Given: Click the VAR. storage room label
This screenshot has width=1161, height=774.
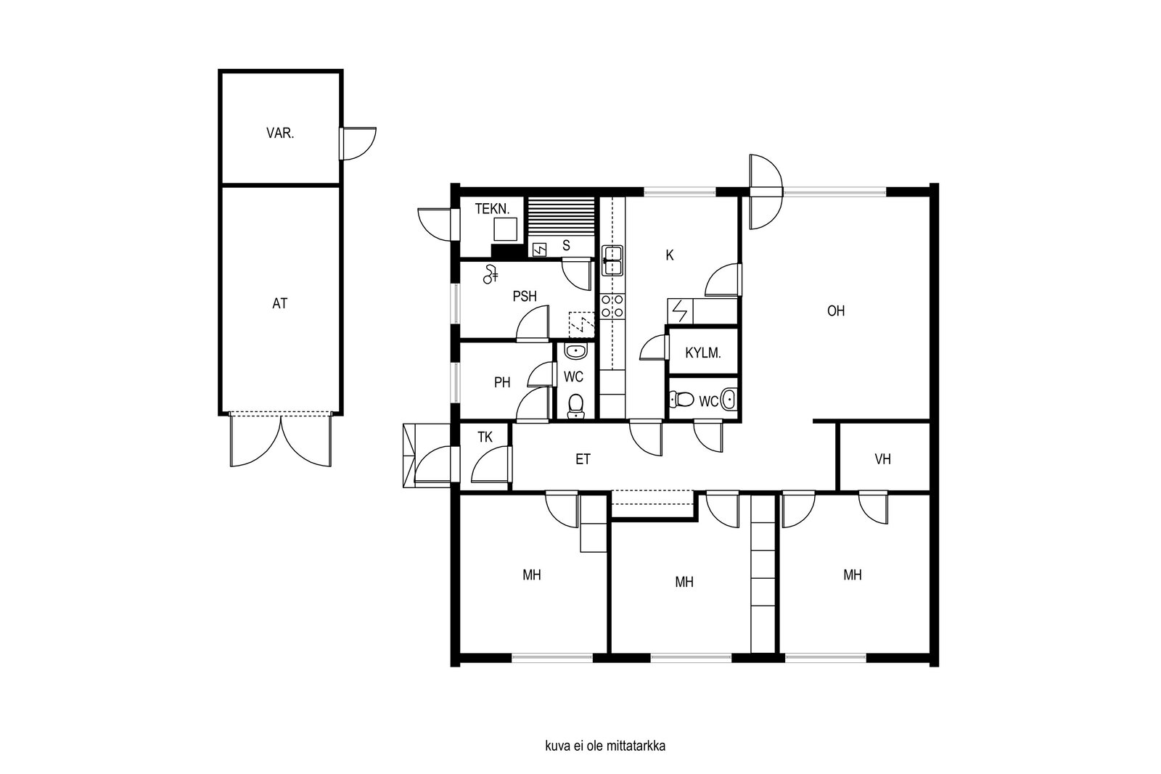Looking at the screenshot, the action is pos(280,133).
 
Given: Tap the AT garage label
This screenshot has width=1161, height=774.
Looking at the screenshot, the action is pos(279,304).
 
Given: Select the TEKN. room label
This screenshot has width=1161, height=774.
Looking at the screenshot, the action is pos(493,209).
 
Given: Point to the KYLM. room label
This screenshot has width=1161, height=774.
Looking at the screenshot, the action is pos(703,353).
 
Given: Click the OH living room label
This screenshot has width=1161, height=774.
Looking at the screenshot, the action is pos(835,311).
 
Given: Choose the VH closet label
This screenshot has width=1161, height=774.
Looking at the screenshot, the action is pos(882,459).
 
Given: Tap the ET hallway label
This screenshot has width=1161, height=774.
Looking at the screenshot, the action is pos(583,459).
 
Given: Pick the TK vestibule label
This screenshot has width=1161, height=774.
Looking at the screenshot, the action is pos(485,437).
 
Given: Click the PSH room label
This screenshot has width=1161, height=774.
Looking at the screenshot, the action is pos(525,297).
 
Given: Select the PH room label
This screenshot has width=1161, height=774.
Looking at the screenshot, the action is pos(501,382).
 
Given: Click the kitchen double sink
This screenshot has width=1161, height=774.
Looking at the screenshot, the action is pos(612,260).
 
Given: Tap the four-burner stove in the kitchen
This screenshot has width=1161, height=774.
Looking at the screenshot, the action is pos(612,305).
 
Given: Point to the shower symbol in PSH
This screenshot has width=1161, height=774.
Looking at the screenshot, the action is pos(491,275).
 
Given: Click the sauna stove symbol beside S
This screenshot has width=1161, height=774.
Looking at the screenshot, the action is pos(540,250).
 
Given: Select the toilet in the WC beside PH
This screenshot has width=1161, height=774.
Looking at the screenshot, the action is pos(575,406).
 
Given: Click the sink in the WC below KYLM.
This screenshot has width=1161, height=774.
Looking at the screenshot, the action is pos(729,400).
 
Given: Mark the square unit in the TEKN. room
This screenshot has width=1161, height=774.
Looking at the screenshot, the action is pos(505,229).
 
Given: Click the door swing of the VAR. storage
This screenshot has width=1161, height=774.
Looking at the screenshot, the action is pos(358,144).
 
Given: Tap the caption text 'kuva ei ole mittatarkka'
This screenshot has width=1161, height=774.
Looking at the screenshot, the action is pos(605,746).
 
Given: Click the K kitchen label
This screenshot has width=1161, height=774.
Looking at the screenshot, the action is pos(670,255).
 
